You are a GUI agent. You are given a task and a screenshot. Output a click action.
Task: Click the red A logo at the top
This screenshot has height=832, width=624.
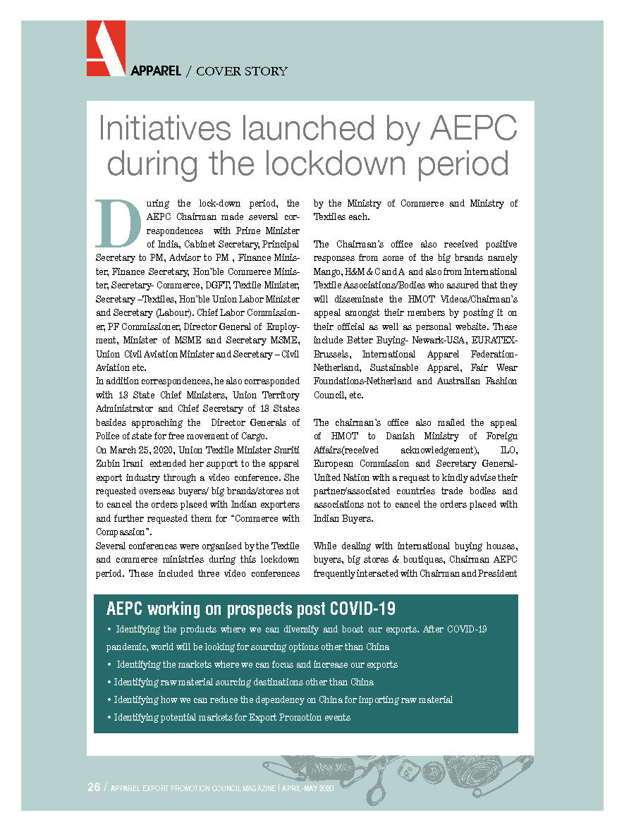106,48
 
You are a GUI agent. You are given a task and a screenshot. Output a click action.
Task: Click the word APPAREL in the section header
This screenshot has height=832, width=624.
156,71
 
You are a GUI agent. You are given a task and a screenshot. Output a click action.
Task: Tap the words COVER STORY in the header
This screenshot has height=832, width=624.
242,71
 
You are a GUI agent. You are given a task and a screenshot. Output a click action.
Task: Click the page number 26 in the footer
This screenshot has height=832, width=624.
94,787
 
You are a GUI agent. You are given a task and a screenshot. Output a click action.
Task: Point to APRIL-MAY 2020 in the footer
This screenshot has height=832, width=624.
308,788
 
